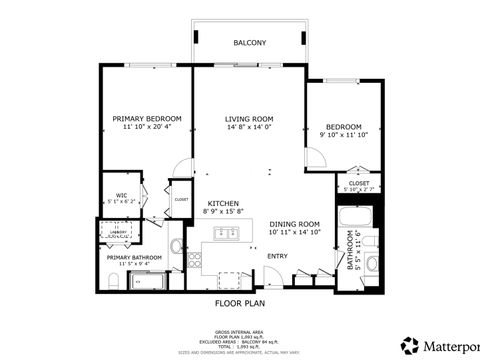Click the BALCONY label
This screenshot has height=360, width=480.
pyautogui.click(x=249, y=43)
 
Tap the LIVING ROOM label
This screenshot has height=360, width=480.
pyautogui.click(x=249, y=118)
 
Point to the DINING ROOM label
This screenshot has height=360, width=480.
pyautogui.click(x=294, y=224)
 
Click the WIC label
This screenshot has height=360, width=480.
pyautogui.click(x=121, y=195)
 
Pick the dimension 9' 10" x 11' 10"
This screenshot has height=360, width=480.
pyautogui.click(x=343, y=135)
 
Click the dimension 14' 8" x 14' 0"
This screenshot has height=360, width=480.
pyautogui.click(x=249, y=127)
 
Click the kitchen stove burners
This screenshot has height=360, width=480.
pyautogui.click(x=195, y=257)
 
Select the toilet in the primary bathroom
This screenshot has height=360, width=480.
pyautogui.click(x=111, y=285)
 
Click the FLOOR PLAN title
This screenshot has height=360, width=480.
pyautogui.click(x=240, y=302)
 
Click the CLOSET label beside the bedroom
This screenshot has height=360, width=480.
pyautogui.click(x=359, y=183)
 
